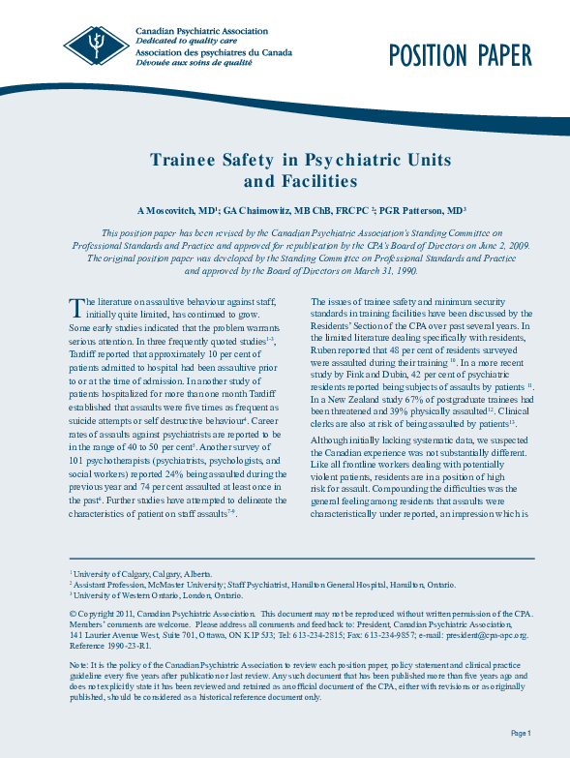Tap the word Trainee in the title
pos(190,160)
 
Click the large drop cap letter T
pos(76,308)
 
